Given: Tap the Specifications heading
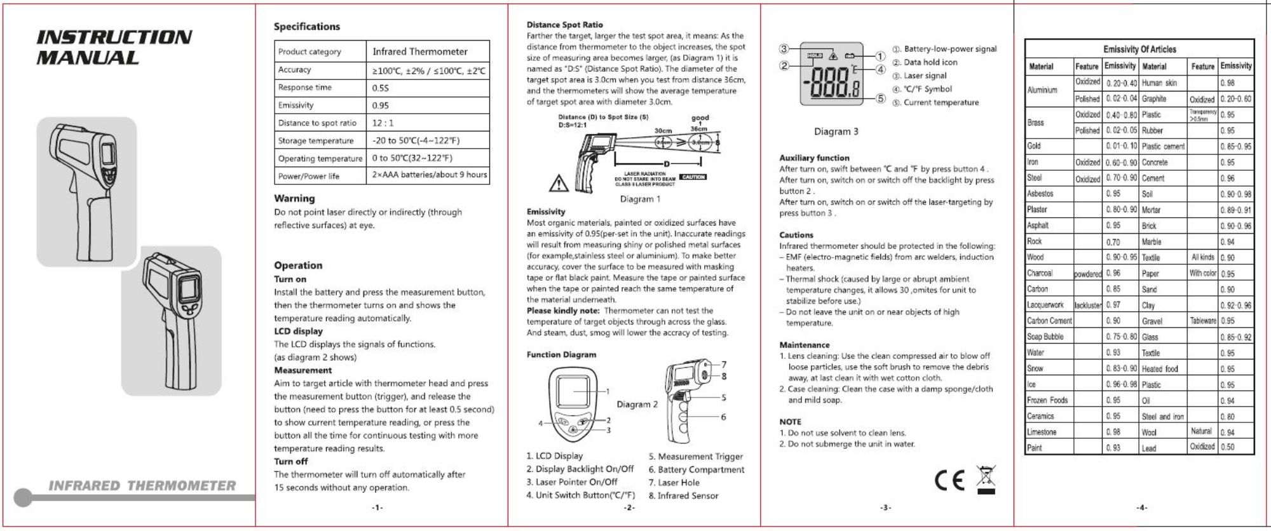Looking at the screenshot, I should (x=306, y=27).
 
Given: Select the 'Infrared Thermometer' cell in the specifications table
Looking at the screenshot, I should (x=419, y=51).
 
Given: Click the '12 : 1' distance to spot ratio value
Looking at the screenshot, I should (x=383, y=123).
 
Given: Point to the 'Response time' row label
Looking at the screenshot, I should (x=304, y=88).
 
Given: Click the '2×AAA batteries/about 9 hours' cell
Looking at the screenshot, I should (x=430, y=175).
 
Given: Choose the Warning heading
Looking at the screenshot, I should (x=294, y=198).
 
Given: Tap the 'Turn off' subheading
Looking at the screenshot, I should (x=290, y=461).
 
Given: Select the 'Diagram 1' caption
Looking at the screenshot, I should (x=640, y=199).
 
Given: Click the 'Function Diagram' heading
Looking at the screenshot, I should (x=561, y=354).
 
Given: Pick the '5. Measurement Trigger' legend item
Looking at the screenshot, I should (x=695, y=456).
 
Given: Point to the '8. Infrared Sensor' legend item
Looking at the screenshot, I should (x=683, y=495).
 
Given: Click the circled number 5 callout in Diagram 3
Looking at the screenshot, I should (x=880, y=98).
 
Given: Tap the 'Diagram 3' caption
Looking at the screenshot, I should (x=836, y=131).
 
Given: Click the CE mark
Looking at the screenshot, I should (x=951, y=481).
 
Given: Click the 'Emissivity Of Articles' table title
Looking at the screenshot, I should (x=1139, y=49).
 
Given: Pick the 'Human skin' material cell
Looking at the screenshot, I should (x=1159, y=83).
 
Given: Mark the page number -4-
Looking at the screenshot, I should (x=1142, y=507).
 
